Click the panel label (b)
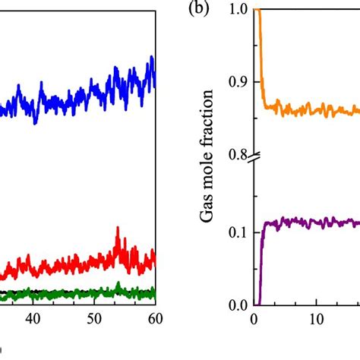198,11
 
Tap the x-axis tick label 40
33,321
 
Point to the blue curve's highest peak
152,58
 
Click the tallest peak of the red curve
117,229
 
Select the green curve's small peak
118,285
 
